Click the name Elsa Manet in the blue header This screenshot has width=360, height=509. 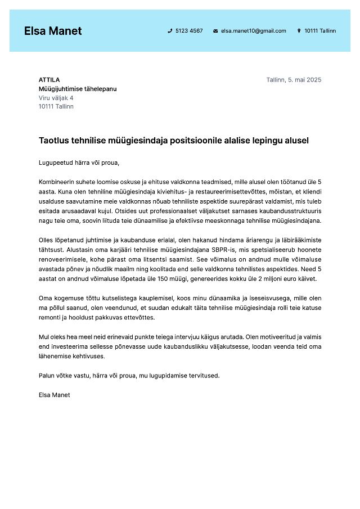pos(53,31)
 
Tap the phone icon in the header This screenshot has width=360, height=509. pos(170,31)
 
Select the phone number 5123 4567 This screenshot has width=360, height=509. pos(189,31)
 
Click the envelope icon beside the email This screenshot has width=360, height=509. pos(215,31)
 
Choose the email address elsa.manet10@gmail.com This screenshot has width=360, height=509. pos(253,31)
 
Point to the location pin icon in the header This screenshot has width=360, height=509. pos(299,31)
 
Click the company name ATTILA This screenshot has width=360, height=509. pos(49,80)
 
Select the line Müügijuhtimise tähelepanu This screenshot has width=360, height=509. pos(78,89)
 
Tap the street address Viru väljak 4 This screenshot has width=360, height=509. pos(56,98)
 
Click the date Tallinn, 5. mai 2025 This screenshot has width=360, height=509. pos(294,80)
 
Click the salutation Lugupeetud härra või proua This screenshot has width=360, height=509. pos(79,163)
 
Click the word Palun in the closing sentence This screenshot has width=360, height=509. pos(47,376)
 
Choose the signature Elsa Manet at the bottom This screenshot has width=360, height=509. pos(55,395)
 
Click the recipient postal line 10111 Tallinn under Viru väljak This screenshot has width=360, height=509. pos(56,107)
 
